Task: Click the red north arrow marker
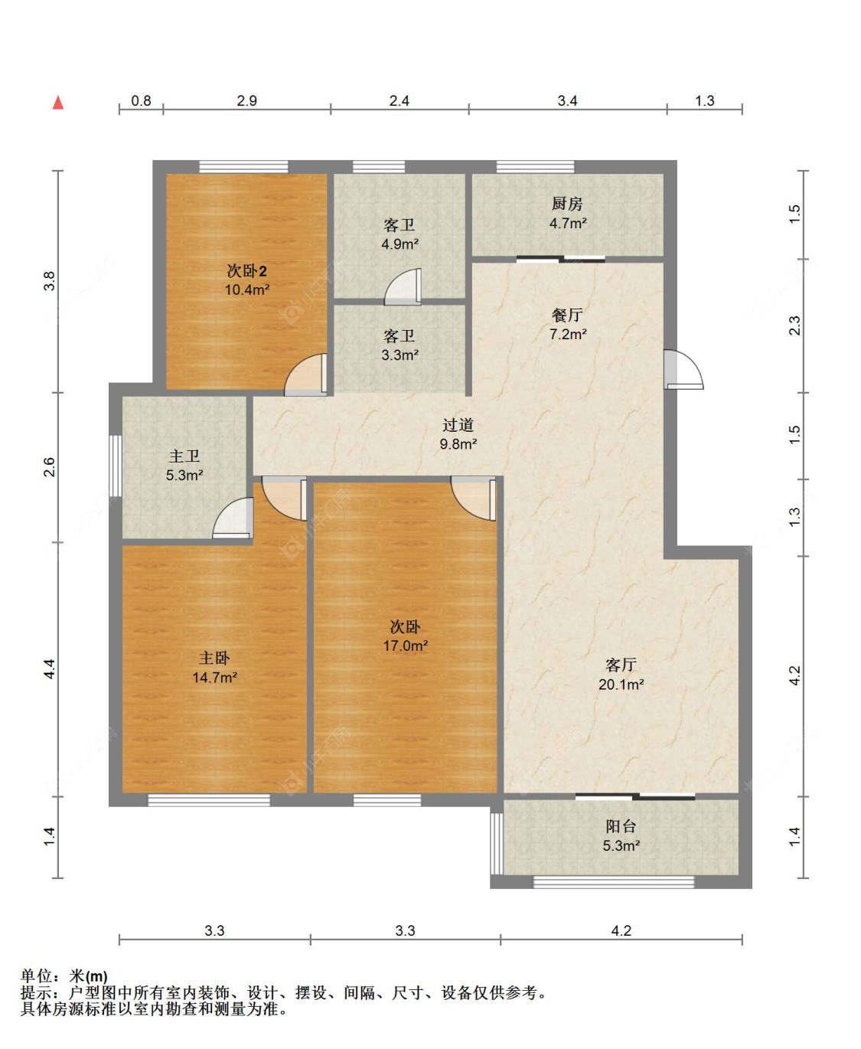(58, 103)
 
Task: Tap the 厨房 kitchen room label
(566, 204)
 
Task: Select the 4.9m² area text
(400, 244)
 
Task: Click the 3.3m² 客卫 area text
(400, 355)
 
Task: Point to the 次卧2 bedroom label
(247, 271)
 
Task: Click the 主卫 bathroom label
(184, 456)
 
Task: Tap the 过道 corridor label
(458, 425)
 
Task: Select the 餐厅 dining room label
(566, 315)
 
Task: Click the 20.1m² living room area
(621, 685)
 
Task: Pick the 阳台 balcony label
(621, 826)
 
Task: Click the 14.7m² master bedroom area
(215, 678)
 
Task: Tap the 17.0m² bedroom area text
(405, 645)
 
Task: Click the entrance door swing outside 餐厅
(683, 370)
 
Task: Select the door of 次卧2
(305, 374)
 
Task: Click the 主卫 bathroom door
(233, 518)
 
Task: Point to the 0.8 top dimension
(141, 101)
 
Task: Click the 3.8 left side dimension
(49, 281)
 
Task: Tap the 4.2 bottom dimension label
(621, 930)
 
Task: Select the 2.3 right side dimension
(794, 325)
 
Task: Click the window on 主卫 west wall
(116, 466)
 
